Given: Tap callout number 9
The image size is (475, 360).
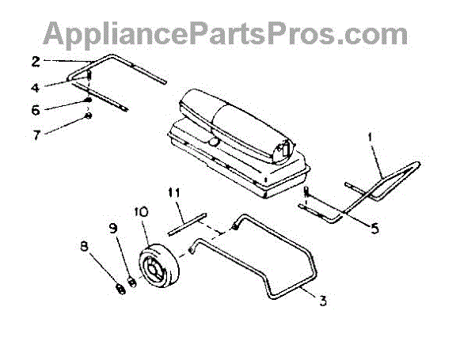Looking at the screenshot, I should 113,228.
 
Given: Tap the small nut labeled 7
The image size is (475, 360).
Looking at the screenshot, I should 89,117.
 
